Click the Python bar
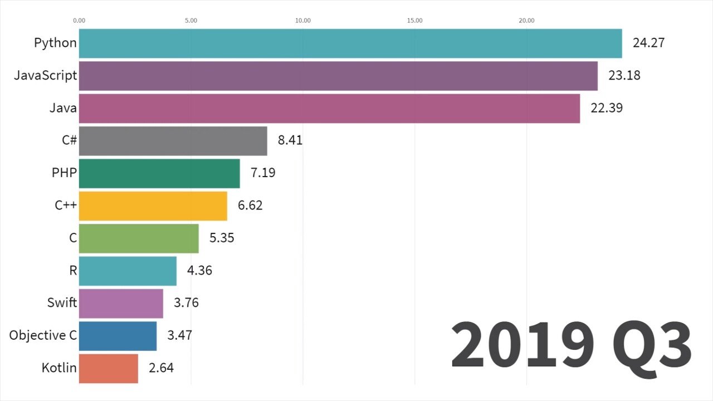(x=350, y=43)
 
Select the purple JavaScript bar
(x=338, y=76)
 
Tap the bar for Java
(x=329, y=108)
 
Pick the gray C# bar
(x=173, y=140)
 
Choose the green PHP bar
(x=159, y=173)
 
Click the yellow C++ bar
(x=153, y=206)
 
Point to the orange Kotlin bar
(x=109, y=368)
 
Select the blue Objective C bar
(x=118, y=336)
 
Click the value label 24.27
(x=648, y=43)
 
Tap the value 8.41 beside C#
(x=290, y=140)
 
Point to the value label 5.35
(x=222, y=238)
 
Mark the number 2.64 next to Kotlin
(x=161, y=368)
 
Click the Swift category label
(x=62, y=303)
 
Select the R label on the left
(x=72, y=271)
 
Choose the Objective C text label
(x=43, y=335)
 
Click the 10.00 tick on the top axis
(x=302, y=21)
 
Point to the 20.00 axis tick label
(x=526, y=21)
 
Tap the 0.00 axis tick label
(x=79, y=21)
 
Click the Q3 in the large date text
(x=652, y=345)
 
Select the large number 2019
(x=522, y=345)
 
